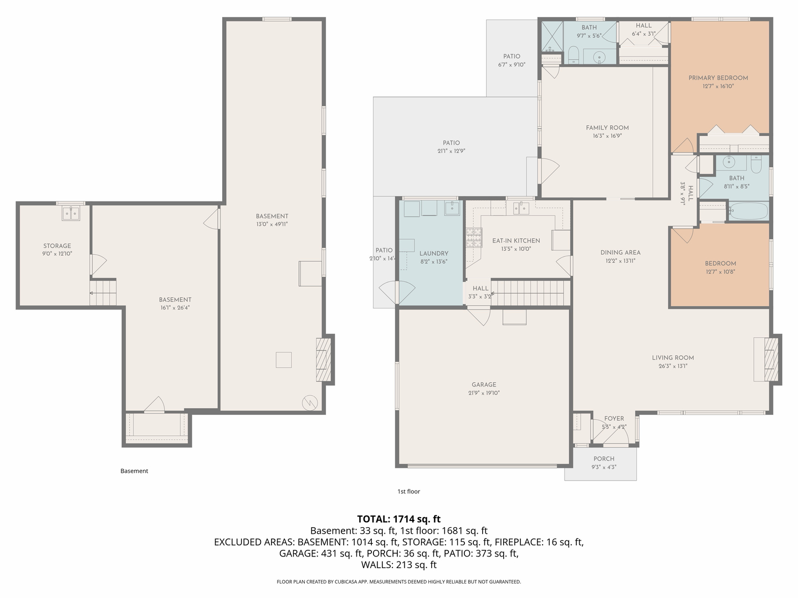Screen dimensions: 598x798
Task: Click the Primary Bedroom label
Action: pos(718,78)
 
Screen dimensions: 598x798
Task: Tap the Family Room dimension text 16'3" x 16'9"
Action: pos(607,136)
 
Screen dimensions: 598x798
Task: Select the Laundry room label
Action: pos(433,254)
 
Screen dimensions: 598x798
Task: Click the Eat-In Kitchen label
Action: pos(516,241)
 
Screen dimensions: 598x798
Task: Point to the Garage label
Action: pos(484,385)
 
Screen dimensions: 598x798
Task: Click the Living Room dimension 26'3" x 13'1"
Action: pos(673,366)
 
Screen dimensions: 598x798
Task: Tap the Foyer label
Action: pos(614,419)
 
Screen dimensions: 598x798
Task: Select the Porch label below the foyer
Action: pos(603,459)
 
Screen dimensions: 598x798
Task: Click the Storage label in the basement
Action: pos(57,246)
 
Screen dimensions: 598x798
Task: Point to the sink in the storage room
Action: pos(71,213)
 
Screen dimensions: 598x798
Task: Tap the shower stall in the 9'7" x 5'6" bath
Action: pos(552,35)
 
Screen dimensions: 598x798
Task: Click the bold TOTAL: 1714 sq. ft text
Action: pos(398,519)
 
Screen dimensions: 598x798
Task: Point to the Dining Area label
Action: pos(620,252)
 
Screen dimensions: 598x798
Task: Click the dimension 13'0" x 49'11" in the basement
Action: pos(272,224)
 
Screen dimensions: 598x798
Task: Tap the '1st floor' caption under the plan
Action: pos(409,492)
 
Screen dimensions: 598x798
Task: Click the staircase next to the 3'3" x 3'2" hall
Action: pos(530,292)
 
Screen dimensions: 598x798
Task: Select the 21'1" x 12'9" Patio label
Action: pos(451,143)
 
